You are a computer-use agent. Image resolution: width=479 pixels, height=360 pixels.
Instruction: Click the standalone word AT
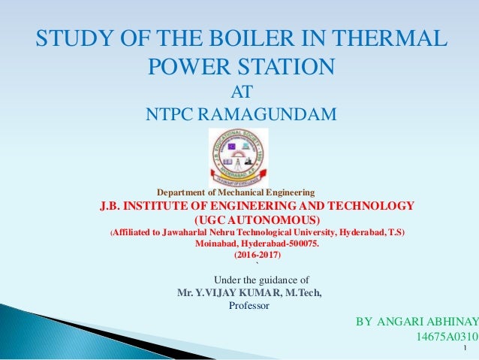coord(239,92)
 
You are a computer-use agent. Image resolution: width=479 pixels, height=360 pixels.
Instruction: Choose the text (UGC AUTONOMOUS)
coord(258,219)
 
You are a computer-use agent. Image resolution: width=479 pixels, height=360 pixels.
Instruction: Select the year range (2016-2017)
coord(257,256)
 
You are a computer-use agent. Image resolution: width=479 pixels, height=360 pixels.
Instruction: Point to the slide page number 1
coord(466,349)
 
